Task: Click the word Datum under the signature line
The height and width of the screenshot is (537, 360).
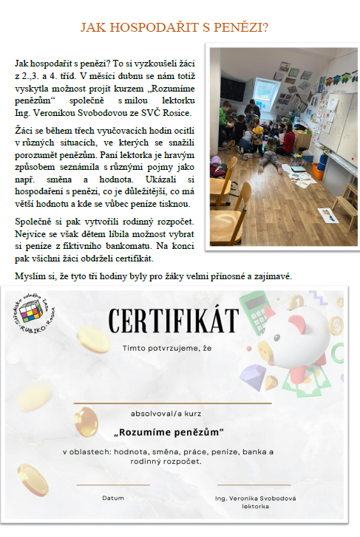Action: click(113, 498)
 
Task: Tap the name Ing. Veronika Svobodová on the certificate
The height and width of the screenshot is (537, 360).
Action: click(255, 498)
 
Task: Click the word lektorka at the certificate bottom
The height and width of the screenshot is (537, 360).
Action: click(255, 507)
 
